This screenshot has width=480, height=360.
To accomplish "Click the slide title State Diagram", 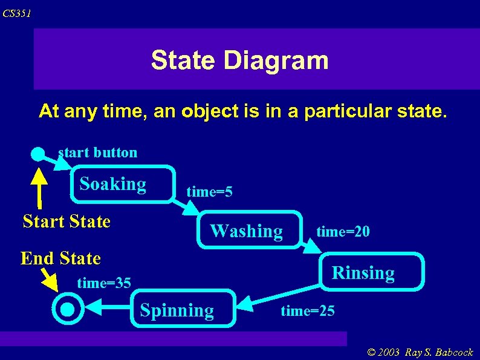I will [x=239, y=61].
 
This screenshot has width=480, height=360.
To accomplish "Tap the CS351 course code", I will [x=16, y=13].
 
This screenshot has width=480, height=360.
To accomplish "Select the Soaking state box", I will [x=113, y=184].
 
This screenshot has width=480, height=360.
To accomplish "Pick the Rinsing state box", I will [x=363, y=273].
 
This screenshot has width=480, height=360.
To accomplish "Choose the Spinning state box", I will [x=177, y=310].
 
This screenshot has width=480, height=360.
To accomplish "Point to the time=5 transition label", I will [x=209, y=192].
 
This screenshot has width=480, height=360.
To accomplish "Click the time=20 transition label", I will [x=343, y=231].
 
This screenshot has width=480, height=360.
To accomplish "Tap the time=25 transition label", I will [x=307, y=311].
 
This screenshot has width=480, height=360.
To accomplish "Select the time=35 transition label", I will [x=104, y=282].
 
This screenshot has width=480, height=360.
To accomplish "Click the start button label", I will [x=98, y=152].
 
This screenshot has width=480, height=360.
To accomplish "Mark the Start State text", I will [x=66, y=221].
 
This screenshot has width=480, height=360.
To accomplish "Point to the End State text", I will [x=60, y=258].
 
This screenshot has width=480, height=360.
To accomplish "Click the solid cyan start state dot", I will [x=38, y=154].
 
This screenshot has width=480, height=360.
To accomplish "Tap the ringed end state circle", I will [x=68, y=309].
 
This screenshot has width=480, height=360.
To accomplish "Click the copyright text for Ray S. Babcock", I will [x=419, y=353].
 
